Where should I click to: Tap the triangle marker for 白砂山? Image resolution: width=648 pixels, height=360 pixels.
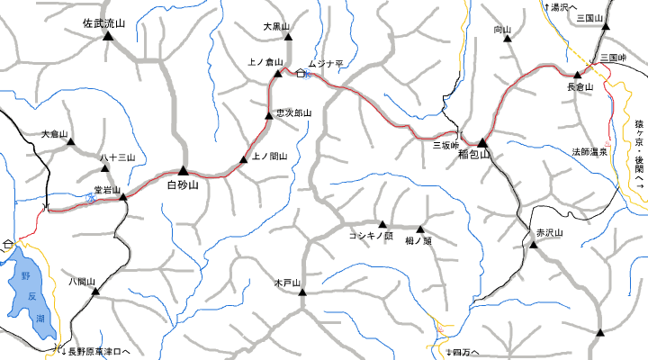click(183, 170)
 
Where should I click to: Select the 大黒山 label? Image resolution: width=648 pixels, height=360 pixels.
click(276, 27)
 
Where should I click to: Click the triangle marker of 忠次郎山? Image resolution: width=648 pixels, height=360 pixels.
click(267, 114)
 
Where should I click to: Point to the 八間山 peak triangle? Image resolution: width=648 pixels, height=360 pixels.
click(94, 291)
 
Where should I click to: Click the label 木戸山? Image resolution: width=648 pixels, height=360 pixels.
click(287, 283)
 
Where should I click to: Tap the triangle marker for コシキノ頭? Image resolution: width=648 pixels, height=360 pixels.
click(382, 224)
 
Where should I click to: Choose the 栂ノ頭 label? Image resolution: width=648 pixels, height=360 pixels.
click(418, 240)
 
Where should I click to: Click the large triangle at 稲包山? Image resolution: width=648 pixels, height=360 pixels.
click(482, 142)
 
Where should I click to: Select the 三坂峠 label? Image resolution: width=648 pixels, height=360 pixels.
click(446, 145)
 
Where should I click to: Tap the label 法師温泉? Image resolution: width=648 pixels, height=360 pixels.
click(589, 151)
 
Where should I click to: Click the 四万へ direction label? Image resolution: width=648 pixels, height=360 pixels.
click(464, 351)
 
